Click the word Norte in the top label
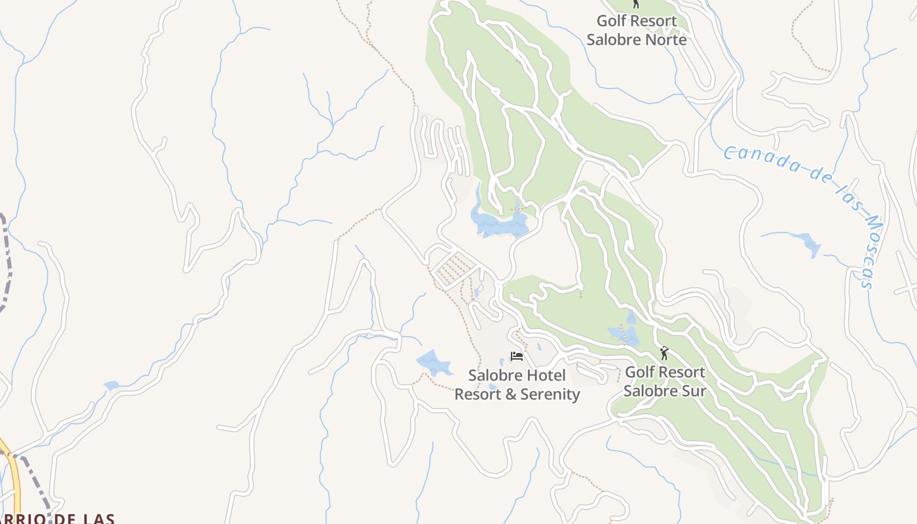tap(664, 39)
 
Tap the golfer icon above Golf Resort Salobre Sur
tap(664, 353)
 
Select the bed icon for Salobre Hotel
tap(517, 356)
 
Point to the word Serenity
tap(550, 394)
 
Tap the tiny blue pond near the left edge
tap(111, 386)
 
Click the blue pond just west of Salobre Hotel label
tap(433, 362)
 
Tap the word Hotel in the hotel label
tap(545, 375)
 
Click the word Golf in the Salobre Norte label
tap(612, 21)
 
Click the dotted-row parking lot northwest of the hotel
tap(453, 269)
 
